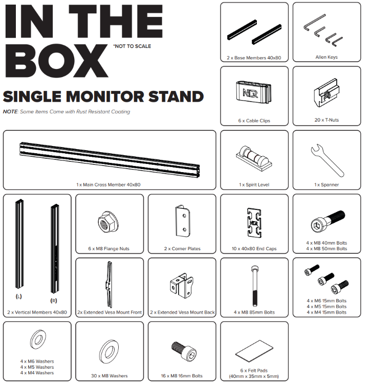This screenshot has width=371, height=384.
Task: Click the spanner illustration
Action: (x=328, y=160)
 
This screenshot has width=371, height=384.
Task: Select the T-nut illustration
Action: (x=326, y=92)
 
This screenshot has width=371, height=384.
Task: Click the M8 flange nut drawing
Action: (x=108, y=222)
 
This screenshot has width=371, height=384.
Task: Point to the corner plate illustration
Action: (x=183, y=221)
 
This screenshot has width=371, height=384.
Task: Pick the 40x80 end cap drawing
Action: (x=254, y=223)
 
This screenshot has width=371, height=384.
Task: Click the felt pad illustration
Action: (x=254, y=351)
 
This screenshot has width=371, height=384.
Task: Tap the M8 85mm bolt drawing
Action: (x=255, y=286)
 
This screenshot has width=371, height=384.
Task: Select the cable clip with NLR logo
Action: (x=254, y=92)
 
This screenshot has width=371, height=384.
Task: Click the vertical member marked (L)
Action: (x=19, y=244)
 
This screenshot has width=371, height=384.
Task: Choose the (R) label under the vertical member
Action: (x=54, y=300)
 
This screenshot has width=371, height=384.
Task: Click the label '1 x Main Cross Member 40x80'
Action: (x=108, y=185)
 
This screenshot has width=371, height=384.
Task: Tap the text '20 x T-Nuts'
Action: (x=326, y=120)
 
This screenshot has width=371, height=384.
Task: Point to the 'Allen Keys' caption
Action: (x=326, y=57)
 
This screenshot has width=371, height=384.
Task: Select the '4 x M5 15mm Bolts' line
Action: (x=326, y=306)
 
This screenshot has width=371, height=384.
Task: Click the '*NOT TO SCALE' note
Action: (x=132, y=46)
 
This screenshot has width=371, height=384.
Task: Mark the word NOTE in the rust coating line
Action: (x=10, y=112)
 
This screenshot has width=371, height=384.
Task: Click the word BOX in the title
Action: (x=56, y=60)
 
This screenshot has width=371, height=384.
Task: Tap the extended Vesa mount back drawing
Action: (x=182, y=285)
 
